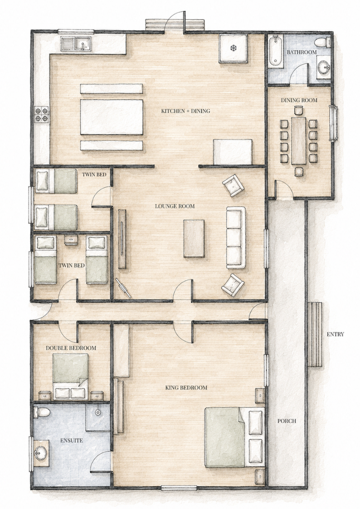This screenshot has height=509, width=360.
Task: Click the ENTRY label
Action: click(335, 334)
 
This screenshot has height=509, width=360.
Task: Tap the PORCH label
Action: click(287, 421)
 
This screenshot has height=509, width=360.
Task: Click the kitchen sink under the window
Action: click(77, 44)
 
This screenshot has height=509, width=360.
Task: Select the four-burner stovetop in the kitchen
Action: click(42, 115)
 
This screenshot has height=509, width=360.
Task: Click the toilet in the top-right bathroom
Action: click(322, 43)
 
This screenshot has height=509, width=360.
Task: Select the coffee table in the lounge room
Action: click(194, 238)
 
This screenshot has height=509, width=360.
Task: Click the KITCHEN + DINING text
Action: click(186, 111)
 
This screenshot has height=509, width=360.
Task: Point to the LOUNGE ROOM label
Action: click(175, 206)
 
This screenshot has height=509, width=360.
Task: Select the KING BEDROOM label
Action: click(186, 388)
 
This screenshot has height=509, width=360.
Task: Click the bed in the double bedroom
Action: click(71, 376)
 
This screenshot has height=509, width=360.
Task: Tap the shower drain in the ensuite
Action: click(97, 412)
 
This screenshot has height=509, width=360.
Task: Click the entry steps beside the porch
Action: click(315, 334)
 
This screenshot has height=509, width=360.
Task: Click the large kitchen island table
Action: click(112, 117)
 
